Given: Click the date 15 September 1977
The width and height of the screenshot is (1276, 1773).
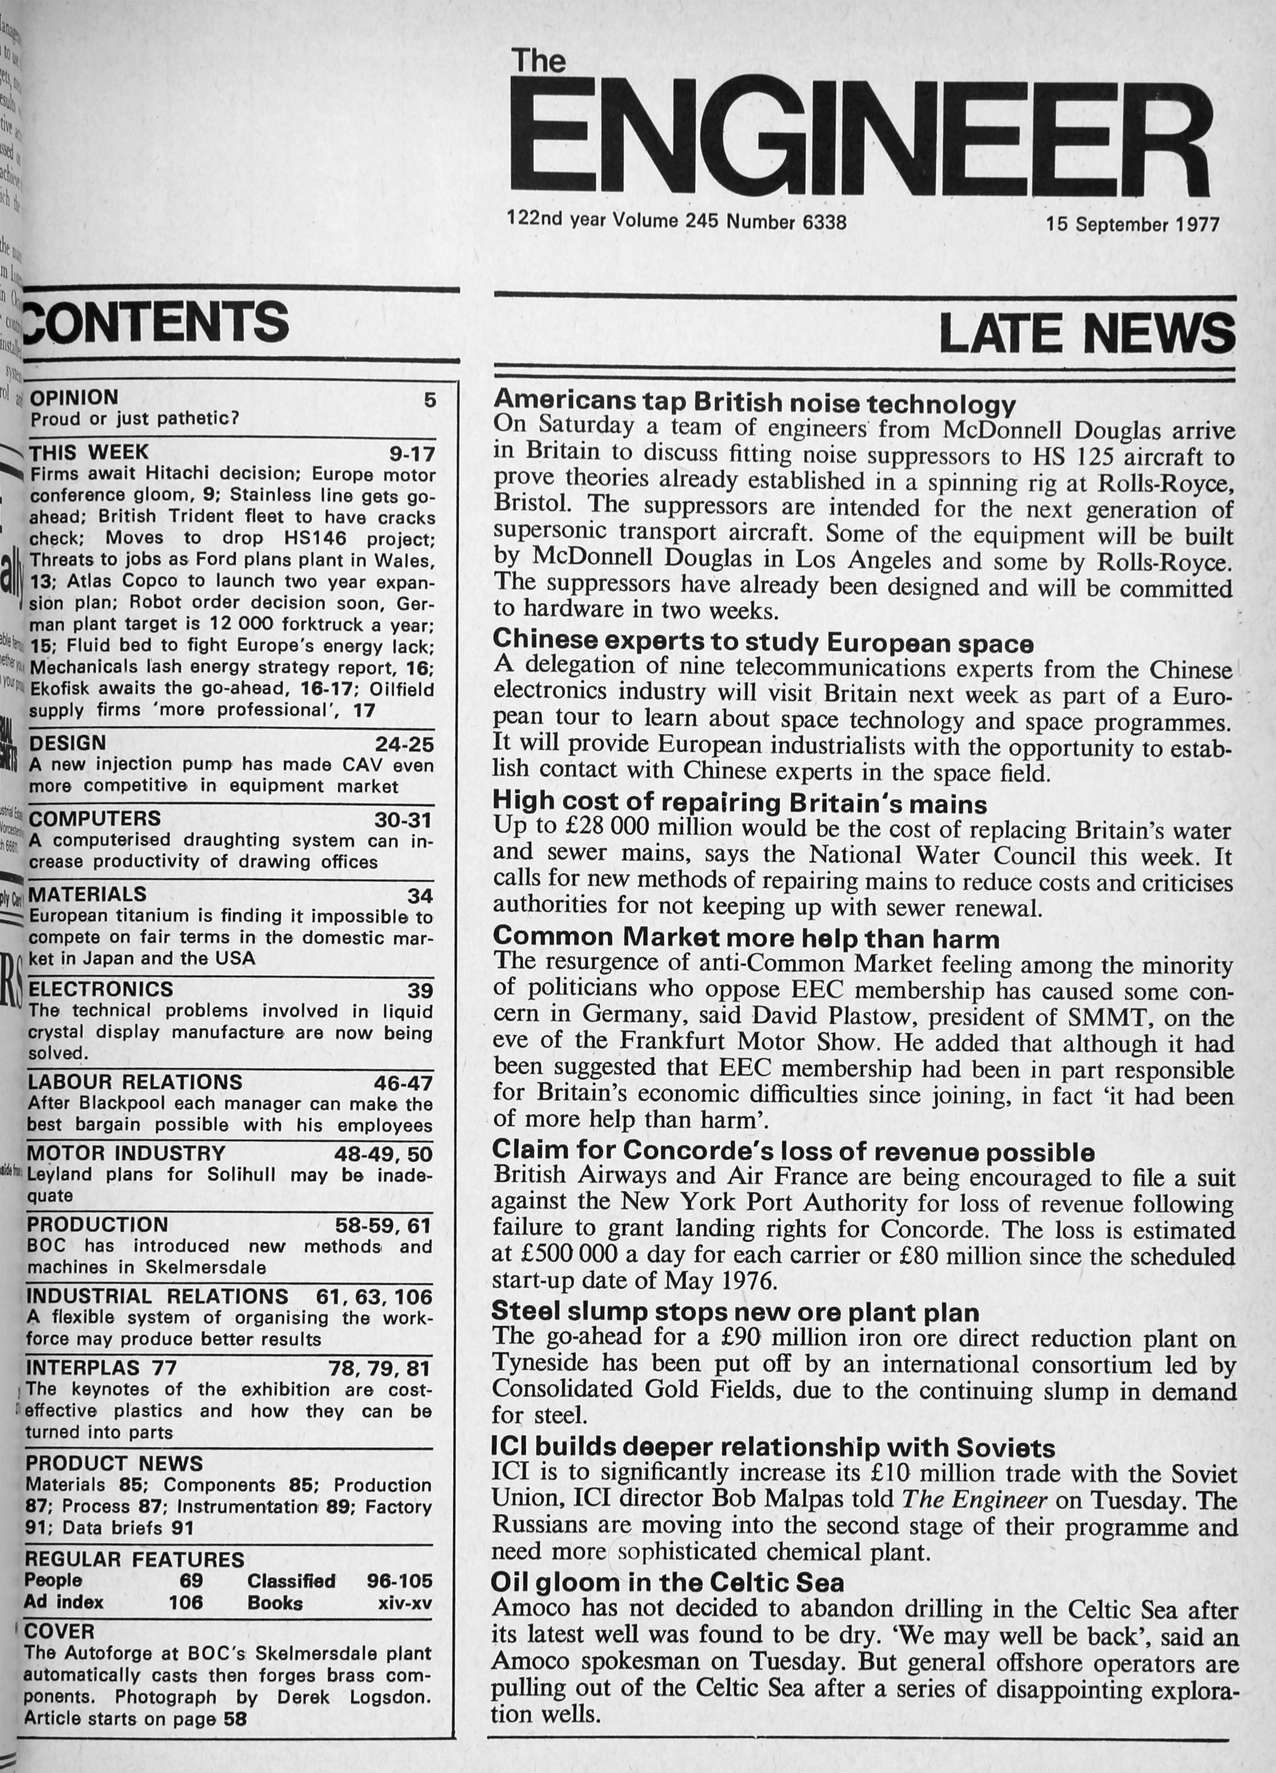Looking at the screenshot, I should (1133, 224).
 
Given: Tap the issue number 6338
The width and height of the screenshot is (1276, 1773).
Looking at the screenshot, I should (824, 222).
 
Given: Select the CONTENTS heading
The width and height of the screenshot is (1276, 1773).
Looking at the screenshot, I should (156, 321).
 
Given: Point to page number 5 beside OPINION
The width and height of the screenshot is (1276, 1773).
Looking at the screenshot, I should (429, 400).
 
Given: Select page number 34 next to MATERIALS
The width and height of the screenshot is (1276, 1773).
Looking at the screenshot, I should (419, 896).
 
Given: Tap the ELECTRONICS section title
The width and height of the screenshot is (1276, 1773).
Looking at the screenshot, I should (100, 989).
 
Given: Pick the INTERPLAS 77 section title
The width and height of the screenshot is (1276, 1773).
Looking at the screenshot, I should (101, 1368).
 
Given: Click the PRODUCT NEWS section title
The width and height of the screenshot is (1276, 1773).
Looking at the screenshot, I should (114, 1463).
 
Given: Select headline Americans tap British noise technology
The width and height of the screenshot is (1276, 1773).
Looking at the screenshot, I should (754, 403).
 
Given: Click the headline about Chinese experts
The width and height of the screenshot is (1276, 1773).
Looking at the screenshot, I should (762, 642).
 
